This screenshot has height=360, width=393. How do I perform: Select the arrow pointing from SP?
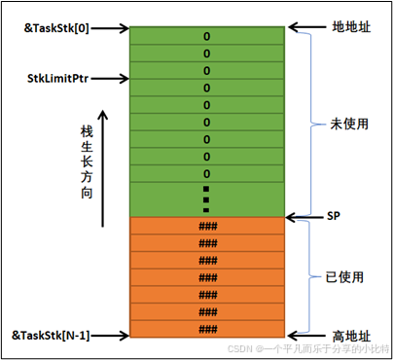click(302, 216)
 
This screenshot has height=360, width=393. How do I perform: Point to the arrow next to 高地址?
click(306, 335)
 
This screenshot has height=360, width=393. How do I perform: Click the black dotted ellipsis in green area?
click(206, 196)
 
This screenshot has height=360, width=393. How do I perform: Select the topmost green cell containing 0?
click(206, 35)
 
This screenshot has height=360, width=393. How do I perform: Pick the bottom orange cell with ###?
click(206, 330)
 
